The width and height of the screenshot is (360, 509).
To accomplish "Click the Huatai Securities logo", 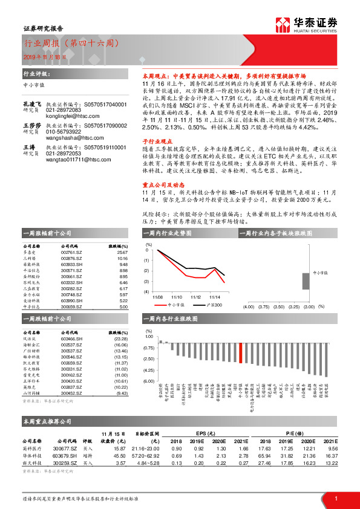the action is [x=306, y=25].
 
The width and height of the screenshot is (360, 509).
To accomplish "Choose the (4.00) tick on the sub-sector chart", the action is [x=248, y=307].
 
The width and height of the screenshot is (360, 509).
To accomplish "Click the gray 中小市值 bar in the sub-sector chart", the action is [x=306, y=282].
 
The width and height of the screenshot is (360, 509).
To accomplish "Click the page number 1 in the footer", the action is [x=335, y=498].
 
